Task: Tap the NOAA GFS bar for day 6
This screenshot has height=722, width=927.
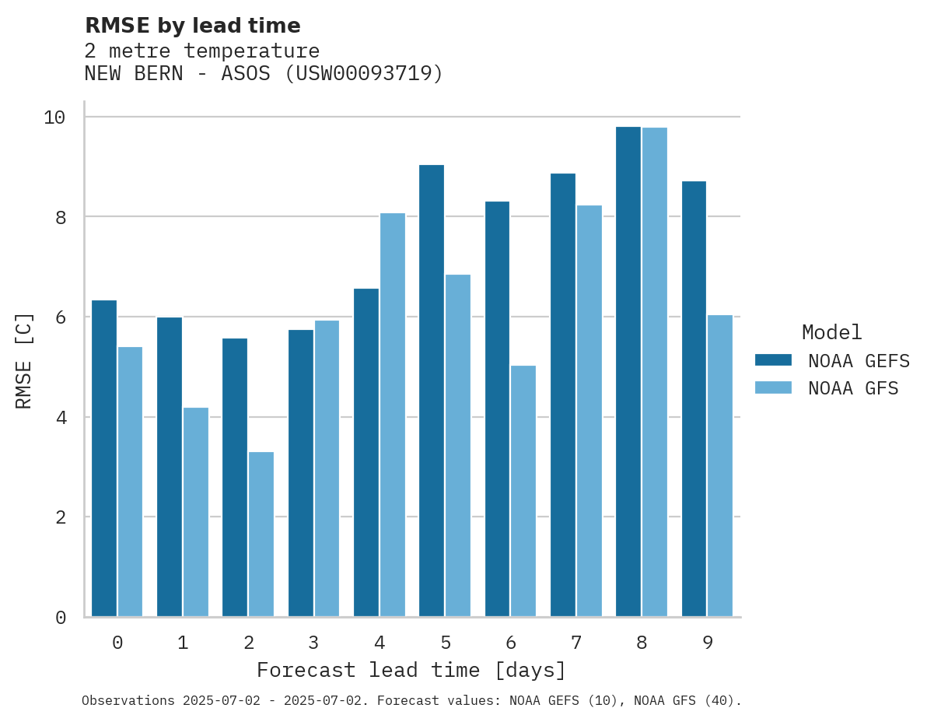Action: click(523, 491)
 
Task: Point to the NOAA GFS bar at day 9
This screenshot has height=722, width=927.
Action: click(720, 466)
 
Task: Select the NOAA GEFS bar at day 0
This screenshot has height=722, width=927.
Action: click(104, 458)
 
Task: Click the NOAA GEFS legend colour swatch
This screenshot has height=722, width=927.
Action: click(773, 360)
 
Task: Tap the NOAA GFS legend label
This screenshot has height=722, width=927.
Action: click(853, 388)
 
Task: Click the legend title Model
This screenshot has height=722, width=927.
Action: click(832, 333)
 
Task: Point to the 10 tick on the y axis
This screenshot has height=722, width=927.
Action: click(54, 117)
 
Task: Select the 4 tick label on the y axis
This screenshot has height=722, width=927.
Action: click(61, 418)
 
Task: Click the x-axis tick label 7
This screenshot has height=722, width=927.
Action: click(576, 643)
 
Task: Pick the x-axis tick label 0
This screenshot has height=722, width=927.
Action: click(117, 643)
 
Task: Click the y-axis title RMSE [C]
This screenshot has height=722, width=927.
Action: click(25, 360)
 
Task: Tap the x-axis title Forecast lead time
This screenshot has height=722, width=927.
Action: click(411, 670)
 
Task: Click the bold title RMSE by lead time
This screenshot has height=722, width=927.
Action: click(192, 26)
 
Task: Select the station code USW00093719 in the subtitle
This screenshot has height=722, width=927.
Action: click(362, 74)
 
